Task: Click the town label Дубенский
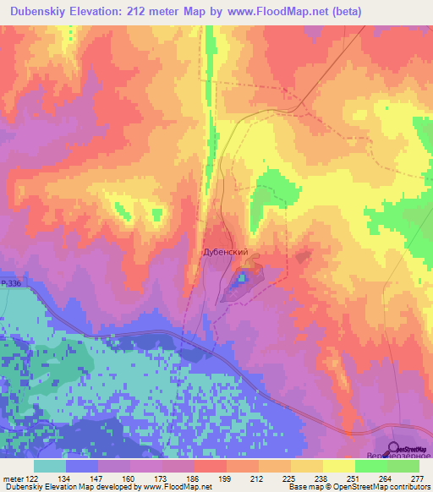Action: [x=225, y=252]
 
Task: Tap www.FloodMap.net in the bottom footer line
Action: [x=177, y=486]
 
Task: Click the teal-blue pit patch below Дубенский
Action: [x=243, y=276]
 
